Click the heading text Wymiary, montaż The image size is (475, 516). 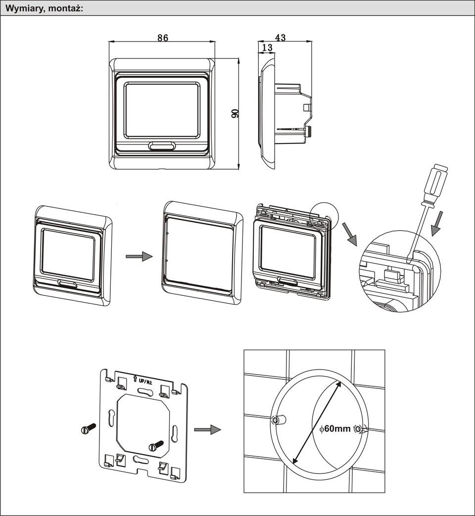point(44,8)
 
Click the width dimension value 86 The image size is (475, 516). point(163,38)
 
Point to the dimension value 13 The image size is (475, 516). point(267,47)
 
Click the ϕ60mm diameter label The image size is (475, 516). point(335,428)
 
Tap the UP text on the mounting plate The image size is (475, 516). point(142,381)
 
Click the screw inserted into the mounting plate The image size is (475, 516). point(156,445)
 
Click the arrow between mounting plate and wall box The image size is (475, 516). point(207,429)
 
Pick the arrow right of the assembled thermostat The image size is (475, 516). point(139,256)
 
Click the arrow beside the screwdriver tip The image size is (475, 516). point(437,222)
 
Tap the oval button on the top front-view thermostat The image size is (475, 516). point(161,145)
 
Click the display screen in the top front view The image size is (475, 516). point(162,110)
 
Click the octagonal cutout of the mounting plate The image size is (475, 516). point(143,425)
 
